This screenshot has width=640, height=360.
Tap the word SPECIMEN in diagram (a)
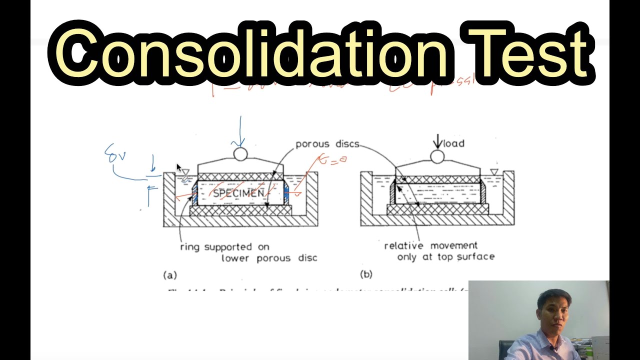coord(238,193)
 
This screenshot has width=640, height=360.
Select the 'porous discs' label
coord(327,144)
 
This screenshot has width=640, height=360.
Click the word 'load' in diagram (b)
coord(453,143)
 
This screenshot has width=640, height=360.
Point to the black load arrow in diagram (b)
coord(437,140)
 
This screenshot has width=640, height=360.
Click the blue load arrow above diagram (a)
coord(240,131)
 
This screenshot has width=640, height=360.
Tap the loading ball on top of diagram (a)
coord(240,154)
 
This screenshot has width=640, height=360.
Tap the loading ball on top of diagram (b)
coord(437,156)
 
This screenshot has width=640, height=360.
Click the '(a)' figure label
coord(170,274)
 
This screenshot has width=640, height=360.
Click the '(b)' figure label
coord(366,274)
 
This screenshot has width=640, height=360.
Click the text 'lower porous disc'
coord(269,258)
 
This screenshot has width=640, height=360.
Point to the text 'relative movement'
coord(430,245)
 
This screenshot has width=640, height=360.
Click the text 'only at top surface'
coord(445,256)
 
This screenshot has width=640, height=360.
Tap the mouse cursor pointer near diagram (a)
coord(179,168)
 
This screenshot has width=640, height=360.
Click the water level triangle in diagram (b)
coord(494,172)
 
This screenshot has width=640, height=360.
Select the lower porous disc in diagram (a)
coord(240,210)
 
